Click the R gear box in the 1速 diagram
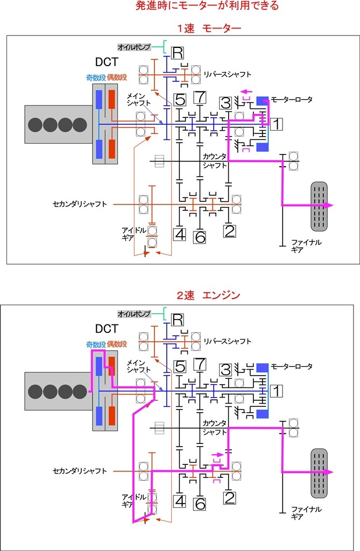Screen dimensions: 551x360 178,52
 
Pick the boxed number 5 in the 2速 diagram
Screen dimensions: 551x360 180,366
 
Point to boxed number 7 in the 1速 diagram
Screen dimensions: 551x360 200,98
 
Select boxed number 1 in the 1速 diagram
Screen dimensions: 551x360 276,124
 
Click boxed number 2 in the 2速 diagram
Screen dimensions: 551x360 230,498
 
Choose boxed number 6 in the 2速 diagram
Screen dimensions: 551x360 200,504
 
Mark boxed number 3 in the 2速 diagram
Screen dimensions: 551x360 226,370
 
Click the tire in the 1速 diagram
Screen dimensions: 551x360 319,204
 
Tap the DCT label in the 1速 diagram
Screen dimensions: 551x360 107,62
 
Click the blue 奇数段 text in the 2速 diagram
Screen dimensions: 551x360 95,344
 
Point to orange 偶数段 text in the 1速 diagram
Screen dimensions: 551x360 117,77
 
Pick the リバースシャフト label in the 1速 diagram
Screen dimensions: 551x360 227,74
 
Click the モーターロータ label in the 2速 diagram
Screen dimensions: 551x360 291,366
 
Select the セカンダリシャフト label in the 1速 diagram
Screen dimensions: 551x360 80,204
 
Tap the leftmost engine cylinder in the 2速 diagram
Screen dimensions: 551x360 35,391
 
